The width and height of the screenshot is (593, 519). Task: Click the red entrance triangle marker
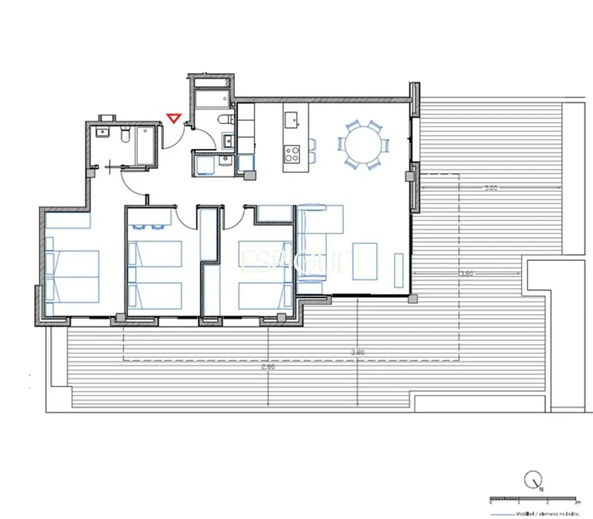(174, 119)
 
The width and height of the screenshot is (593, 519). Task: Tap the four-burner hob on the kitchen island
(292, 153)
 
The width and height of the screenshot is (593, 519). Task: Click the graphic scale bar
(532, 499)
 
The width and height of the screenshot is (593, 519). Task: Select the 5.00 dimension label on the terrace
(490, 188)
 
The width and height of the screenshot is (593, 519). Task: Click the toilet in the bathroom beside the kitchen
(225, 120)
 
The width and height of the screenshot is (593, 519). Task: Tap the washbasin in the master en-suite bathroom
(103, 133)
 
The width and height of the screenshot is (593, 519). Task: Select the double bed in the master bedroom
(72, 277)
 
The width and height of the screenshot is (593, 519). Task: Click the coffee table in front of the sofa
(365, 261)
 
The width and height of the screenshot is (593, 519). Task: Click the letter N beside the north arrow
(541, 490)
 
